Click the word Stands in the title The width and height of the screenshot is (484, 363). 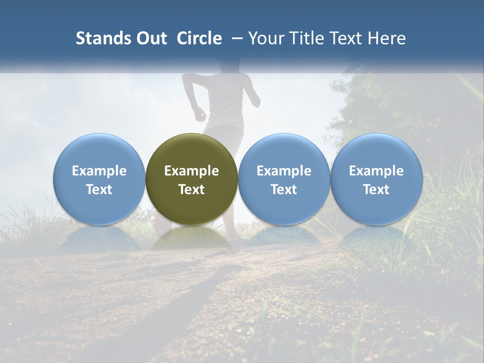[x=100, y=39]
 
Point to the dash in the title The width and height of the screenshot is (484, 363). [x=235, y=39]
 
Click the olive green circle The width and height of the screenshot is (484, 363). [x=192, y=179]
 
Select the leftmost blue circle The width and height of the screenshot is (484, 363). [x=99, y=179]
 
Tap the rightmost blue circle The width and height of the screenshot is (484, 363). [x=377, y=179]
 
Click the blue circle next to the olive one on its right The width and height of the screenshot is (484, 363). [x=284, y=179]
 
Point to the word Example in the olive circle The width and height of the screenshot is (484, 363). [x=192, y=171]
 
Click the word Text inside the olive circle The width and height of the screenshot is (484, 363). [x=192, y=190]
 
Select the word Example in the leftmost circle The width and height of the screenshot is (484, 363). [x=99, y=171]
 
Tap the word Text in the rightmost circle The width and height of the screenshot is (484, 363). [x=377, y=190]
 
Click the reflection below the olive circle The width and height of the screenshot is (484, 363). [x=192, y=239]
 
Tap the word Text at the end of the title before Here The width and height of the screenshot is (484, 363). [x=348, y=39]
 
